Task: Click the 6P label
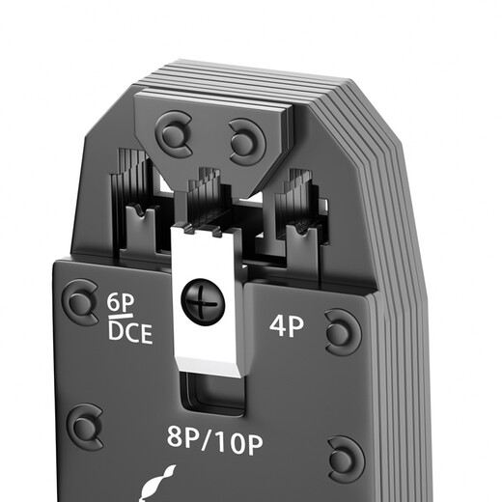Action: pyautogui.click(x=121, y=303)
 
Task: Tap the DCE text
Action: pyautogui.click(x=130, y=332)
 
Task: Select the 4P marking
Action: pyautogui.click(x=286, y=326)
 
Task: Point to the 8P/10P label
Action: pyautogui.click(x=214, y=439)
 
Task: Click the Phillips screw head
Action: pyautogui.click(x=203, y=302)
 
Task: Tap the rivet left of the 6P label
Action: pyautogui.click(x=80, y=302)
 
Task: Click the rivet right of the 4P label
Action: pyautogui.click(x=343, y=333)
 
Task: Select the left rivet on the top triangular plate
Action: pyautogui.click(x=174, y=134)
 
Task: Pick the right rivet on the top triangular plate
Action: pyautogui.click(x=247, y=142)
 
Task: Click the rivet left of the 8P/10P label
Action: pyautogui.click(x=85, y=427)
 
